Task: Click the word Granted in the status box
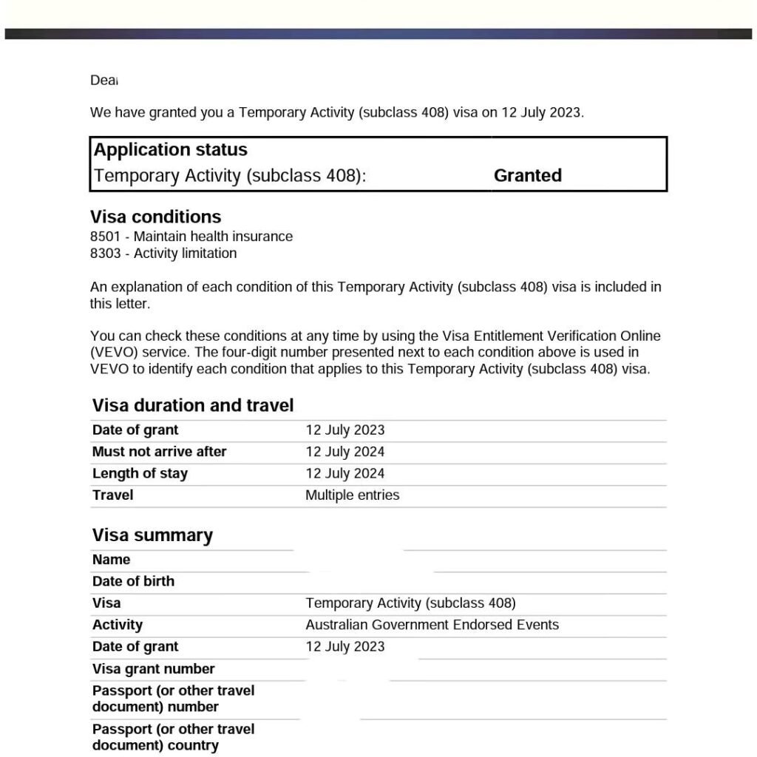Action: point(527,176)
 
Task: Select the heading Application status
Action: point(171,150)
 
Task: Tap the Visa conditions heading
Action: point(155,217)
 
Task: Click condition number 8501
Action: point(105,237)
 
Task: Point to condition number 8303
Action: point(105,254)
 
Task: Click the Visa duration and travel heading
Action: point(193,406)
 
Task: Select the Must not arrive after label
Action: point(159,452)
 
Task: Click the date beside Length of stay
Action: point(345,474)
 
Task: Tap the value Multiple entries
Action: point(352,495)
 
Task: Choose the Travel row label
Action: point(112,495)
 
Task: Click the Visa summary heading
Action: point(152,536)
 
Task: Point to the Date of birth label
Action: point(133,582)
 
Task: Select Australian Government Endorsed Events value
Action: point(432,625)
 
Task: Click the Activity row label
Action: point(117,625)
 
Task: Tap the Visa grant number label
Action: point(153,669)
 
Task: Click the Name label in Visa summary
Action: point(111,560)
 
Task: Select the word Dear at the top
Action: point(104,81)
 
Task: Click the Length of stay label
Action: point(140,474)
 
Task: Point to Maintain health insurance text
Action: point(213,237)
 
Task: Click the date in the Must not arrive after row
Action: point(345,452)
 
